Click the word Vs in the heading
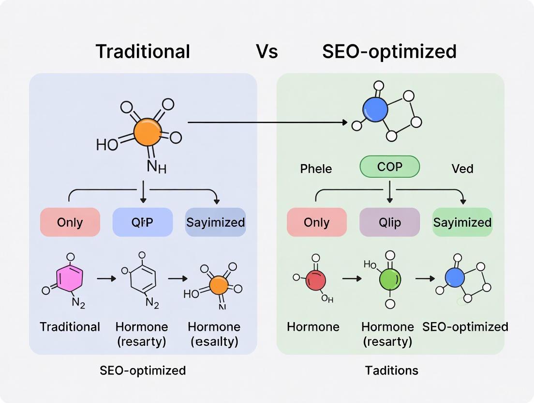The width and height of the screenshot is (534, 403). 267,51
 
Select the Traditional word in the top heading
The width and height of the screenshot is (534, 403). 143,51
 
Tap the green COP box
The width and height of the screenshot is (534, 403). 390,167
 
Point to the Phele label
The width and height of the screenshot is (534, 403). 316,169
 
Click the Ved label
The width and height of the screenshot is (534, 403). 462,169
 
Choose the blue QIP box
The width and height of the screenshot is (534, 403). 143,222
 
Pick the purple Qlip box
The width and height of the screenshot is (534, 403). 389,222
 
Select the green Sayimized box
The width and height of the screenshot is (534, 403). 462,222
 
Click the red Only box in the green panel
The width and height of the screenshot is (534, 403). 316,222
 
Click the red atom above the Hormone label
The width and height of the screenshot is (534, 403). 316,280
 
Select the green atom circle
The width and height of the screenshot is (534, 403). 390,279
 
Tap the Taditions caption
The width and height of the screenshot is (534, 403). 392,371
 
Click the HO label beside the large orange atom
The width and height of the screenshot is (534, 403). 107,144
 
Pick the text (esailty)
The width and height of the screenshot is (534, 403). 214,341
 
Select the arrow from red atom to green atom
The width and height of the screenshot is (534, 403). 352,279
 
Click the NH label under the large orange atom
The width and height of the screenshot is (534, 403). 156,168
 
